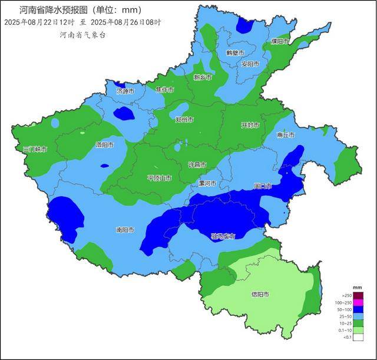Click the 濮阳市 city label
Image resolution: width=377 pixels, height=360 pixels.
click(x=280, y=41)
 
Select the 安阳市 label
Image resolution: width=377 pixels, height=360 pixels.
click(x=250, y=64)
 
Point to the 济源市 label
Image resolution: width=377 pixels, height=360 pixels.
click(x=125, y=91)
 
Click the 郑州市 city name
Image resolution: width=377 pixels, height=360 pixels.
click(x=184, y=120)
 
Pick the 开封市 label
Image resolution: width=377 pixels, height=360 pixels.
click(x=250, y=125)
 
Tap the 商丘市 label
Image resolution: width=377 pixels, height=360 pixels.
click(x=286, y=135)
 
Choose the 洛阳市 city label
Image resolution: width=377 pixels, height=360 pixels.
click(x=105, y=144)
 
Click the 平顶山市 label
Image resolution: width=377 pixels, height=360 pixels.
click(x=159, y=177)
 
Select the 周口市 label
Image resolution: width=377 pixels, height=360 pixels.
click(x=262, y=186)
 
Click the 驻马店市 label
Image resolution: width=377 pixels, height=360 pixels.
click(x=223, y=236)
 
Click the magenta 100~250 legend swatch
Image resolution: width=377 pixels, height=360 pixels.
click(x=358, y=302)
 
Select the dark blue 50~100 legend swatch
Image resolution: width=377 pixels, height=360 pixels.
click(x=358, y=310)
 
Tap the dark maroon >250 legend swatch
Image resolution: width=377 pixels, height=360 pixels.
click(x=358, y=295)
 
